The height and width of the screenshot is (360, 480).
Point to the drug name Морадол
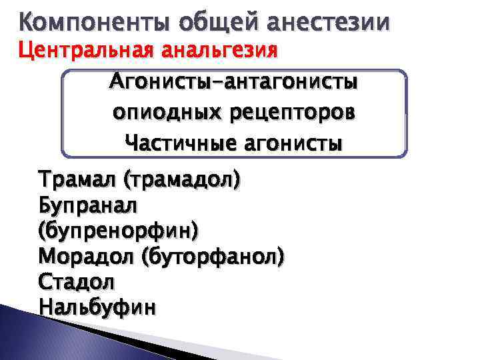click(85, 256)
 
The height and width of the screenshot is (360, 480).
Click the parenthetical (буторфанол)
click(213, 256)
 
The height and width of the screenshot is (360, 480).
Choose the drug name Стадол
click(77, 281)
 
